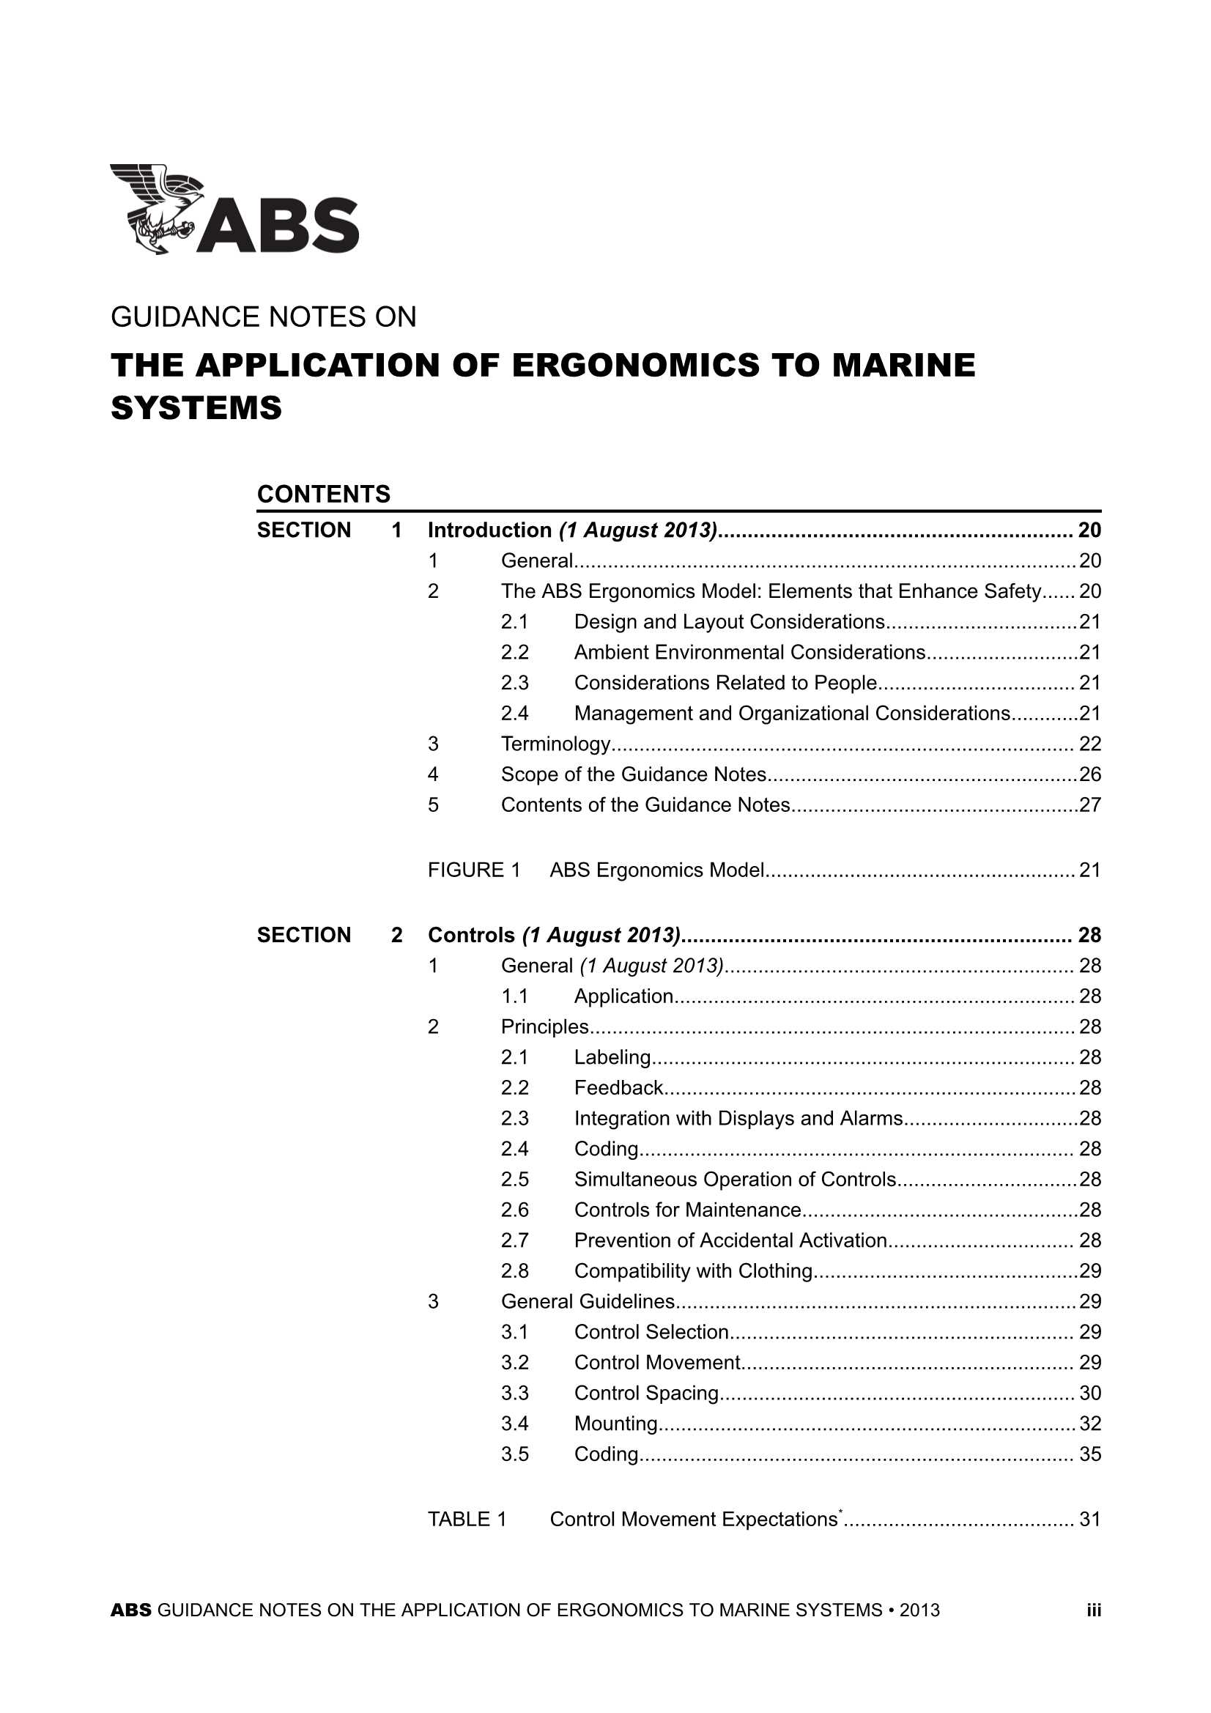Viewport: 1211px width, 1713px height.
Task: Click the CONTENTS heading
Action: coord(323,494)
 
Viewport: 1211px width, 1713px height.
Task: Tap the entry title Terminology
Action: coord(556,744)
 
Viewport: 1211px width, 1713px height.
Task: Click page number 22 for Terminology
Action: coord(1089,744)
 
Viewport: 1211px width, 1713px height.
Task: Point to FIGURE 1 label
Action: coord(474,870)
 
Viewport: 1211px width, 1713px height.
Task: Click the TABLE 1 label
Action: coord(467,1519)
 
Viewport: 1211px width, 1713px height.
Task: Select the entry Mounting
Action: coord(615,1424)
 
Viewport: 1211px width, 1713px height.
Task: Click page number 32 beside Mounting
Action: coord(1089,1424)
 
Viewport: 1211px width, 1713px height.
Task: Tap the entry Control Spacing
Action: coord(646,1393)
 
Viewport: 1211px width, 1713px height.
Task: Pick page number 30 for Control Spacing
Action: coord(1089,1393)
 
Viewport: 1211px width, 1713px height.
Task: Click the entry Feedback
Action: coord(618,1088)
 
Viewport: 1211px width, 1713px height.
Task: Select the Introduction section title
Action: coord(489,530)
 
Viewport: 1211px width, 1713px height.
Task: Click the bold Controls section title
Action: coord(471,936)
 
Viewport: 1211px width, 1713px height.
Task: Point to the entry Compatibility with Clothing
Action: coord(693,1270)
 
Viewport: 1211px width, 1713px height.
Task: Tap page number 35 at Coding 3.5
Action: coord(1089,1454)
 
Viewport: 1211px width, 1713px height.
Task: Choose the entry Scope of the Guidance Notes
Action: coord(634,774)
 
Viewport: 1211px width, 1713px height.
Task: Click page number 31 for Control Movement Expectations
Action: coord(1089,1519)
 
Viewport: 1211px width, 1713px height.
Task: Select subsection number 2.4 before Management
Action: coord(515,713)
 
